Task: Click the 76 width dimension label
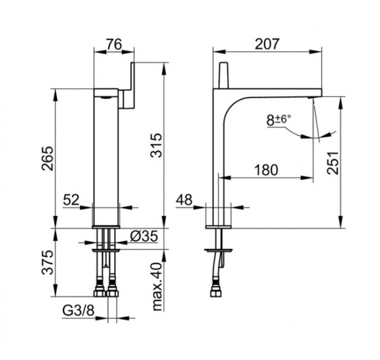coord(114,45)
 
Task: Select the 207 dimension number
coord(267,44)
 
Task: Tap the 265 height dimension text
coord(47,158)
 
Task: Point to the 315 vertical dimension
coord(156,145)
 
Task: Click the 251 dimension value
coord(333,163)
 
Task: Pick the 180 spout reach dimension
coord(266,170)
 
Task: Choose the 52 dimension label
coord(71,200)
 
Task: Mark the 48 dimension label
coord(184,200)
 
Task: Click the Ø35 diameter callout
coord(144,236)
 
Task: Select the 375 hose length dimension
coord(47,262)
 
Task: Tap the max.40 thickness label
coord(157,287)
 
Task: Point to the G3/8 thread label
coord(78,310)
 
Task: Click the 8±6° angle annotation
coord(278,120)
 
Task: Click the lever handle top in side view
coord(223,75)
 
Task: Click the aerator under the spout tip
coord(311,98)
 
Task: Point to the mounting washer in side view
coord(219,250)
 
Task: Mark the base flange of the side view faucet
coord(218,227)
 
